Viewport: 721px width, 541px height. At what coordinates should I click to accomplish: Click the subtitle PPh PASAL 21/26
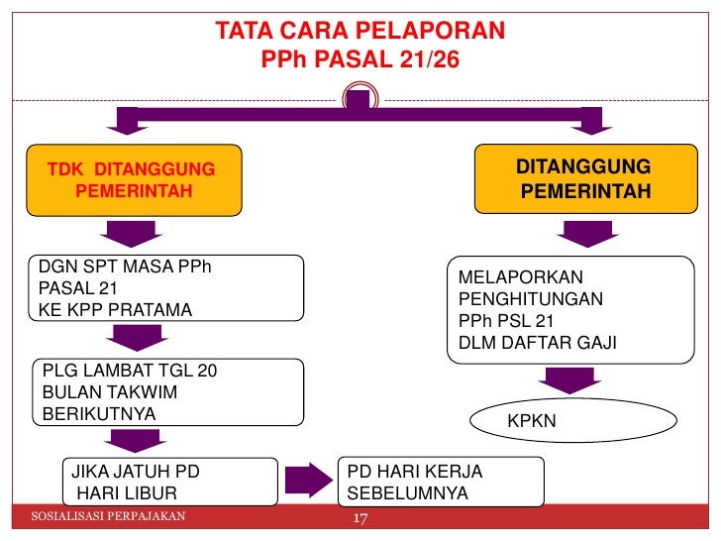coord(360,61)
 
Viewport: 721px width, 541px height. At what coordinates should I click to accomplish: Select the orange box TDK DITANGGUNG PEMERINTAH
coord(135,179)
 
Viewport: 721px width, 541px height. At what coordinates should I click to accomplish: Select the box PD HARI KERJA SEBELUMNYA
coord(441,482)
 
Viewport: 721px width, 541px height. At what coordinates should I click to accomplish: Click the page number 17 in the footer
coord(360,519)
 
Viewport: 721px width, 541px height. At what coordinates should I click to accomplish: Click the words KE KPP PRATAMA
coord(115,310)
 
